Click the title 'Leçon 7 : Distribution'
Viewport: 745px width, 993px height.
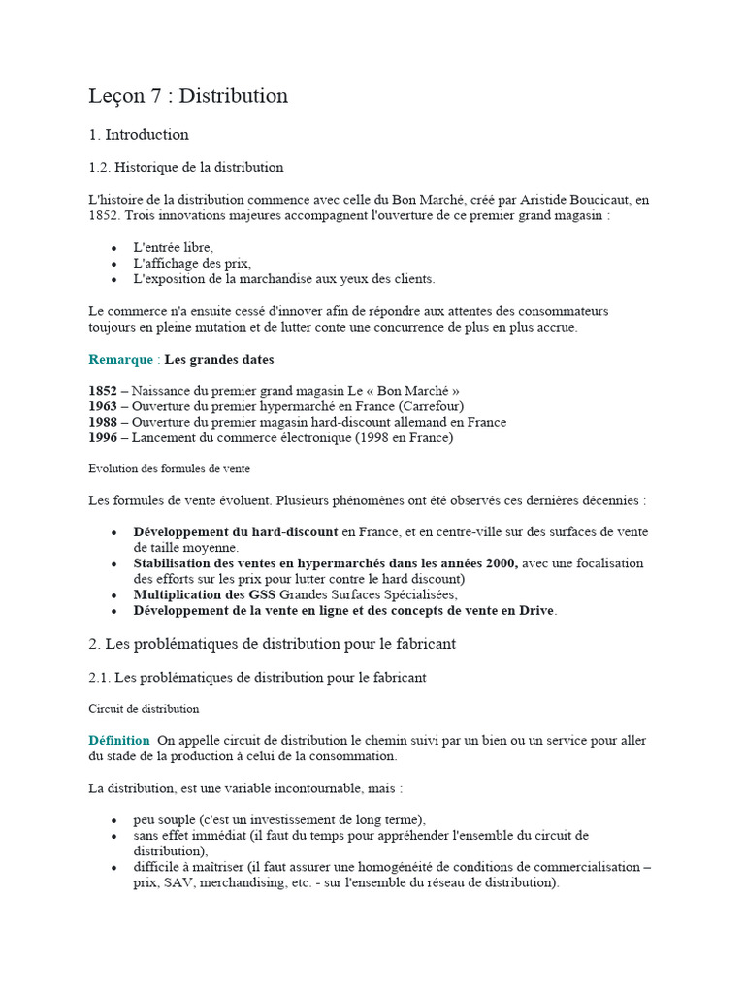point(188,96)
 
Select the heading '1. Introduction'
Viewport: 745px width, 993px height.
point(139,135)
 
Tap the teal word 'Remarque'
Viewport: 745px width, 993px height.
point(120,360)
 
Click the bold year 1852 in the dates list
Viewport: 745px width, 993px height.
point(103,391)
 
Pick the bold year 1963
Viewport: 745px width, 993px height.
point(103,406)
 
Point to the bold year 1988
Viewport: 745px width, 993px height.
point(103,422)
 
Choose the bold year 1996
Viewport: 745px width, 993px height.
point(103,437)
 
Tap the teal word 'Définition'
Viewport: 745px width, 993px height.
point(119,740)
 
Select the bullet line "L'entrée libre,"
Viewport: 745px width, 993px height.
point(173,247)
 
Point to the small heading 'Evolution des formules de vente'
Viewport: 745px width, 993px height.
point(169,468)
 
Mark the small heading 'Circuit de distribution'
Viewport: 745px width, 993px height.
point(144,709)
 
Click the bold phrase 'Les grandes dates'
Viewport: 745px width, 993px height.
point(218,360)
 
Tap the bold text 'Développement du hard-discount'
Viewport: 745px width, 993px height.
point(236,532)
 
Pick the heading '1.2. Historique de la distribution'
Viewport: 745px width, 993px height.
point(186,168)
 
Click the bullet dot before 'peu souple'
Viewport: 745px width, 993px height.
point(114,820)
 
